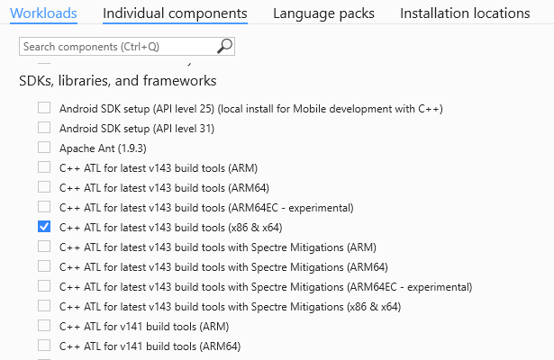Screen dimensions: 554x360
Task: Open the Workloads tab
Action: [x=43, y=13]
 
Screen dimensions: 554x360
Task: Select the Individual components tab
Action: [x=175, y=13]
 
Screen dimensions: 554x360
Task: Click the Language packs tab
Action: [x=323, y=13]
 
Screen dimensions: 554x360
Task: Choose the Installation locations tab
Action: [x=465, y=13]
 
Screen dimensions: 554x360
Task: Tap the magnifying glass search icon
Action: [x=224, y=45]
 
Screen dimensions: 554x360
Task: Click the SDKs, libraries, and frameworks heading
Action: [x=118, y=81]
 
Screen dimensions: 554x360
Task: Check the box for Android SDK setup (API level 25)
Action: [x=44, y=109]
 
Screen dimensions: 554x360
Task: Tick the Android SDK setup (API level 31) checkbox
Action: [x=44, y=129]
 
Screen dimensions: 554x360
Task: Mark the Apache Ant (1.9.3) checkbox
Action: [x=44, y=148]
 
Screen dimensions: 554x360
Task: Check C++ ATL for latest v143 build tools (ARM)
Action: [x=44, y=168]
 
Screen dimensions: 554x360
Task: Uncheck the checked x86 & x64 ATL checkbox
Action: [x=44, y=228]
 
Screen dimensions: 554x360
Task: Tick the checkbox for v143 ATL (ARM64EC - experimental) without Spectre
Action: [x=44, y=208]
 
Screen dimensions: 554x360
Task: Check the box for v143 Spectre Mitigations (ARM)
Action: [x=44, y=247]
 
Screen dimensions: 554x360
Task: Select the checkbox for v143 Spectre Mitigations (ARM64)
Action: [x=44, y=267]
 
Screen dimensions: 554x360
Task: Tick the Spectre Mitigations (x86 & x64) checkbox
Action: [x=44, y=307]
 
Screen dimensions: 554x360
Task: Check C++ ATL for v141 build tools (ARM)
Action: [x=44, y=327]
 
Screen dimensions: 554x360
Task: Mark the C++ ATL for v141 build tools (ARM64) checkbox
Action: [x=44, y=346]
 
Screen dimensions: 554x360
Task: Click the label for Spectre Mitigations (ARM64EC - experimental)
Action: [x=266, y=287]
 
